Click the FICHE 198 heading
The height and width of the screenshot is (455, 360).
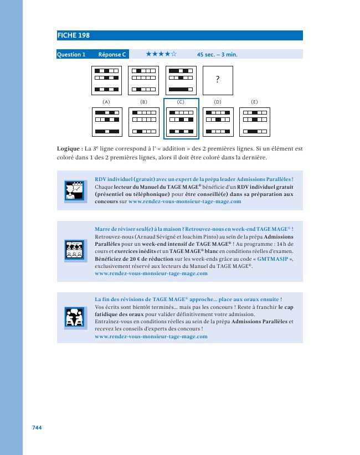(74, 36)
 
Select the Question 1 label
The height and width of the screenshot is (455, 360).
(71, 54)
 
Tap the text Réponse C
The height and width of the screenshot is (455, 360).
(112, 54)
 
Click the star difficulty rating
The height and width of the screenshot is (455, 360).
(161, 54)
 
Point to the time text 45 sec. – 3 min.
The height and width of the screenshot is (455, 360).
(217, 55)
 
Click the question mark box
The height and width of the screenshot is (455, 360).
(218, 80)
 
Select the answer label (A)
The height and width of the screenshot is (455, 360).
(106, 102)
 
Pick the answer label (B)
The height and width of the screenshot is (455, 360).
(143, 102)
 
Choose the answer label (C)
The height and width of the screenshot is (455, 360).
(181, 102)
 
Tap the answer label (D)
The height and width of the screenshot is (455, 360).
(217, 102)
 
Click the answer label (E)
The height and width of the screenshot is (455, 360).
(254, 102)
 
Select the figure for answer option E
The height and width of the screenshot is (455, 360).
(254, 122)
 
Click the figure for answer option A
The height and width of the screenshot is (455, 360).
(106, 122)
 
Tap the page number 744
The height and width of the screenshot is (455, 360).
(37, 427)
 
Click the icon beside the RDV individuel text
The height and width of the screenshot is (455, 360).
(74, 190)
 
